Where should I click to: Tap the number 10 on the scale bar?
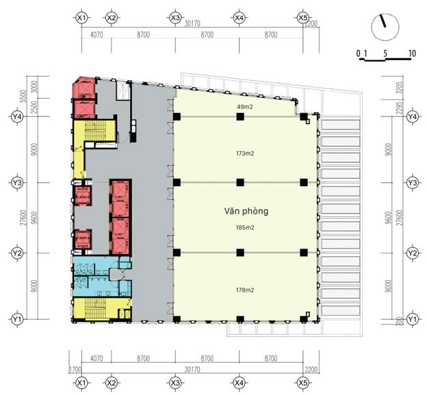(411, 53)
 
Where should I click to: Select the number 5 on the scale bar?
(386, 53)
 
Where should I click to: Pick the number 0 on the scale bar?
(359, 53)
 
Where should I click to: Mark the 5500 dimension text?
(25, 97)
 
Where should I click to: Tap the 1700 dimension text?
(73, 370)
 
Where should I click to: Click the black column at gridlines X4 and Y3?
(240, 182)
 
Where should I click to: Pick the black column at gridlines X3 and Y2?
(177, 253)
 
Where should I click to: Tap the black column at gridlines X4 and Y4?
(240, 117)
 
